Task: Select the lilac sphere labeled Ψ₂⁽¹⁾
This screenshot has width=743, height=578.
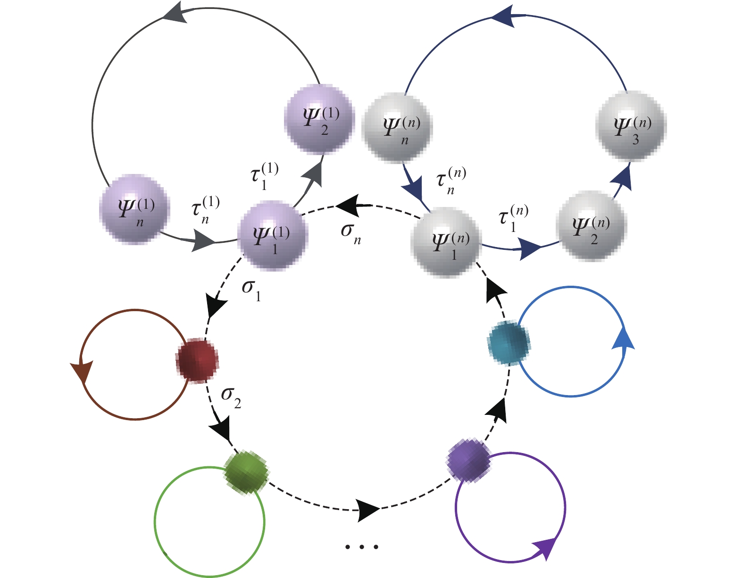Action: (x=319, y=119)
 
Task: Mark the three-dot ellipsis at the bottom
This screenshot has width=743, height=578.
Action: (x=361, y=547)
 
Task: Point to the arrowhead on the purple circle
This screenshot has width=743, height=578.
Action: (x=545, y=548)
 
